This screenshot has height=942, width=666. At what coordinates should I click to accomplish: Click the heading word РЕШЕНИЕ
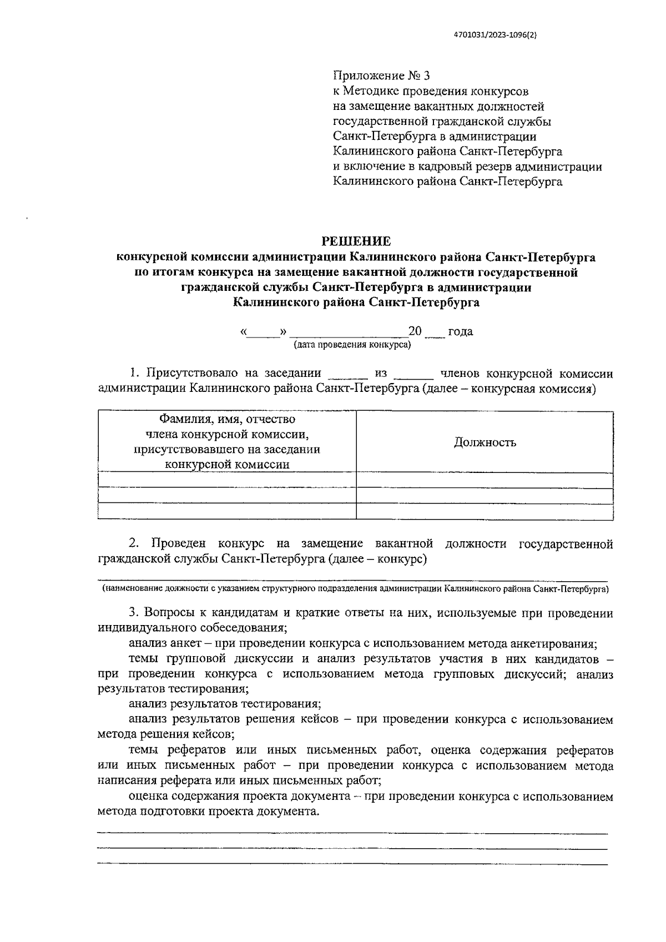point(356,241)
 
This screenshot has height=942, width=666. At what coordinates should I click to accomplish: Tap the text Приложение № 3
point(381,75)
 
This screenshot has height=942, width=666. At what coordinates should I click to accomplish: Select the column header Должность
point(485,442)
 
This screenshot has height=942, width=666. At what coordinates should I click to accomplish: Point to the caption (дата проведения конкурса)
point(352,345)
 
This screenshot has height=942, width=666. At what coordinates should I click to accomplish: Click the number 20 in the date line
point(415,331)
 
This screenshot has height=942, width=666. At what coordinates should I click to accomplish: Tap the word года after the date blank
point(460,331)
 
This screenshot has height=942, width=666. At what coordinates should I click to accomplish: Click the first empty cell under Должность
point(485,480)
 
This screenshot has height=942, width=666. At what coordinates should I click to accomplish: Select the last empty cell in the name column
point(227,511)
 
